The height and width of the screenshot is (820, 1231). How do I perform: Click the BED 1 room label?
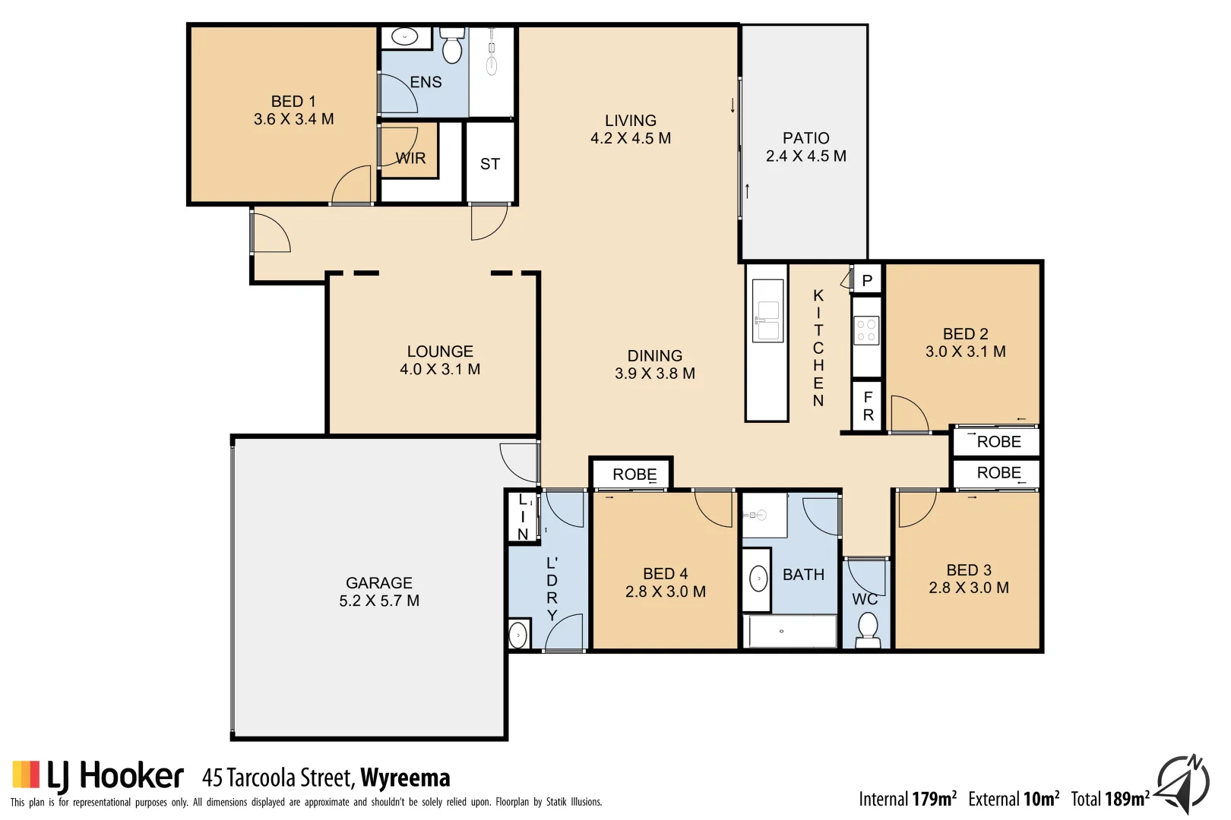(293, 102)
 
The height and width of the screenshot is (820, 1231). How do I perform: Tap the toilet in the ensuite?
(452, 48)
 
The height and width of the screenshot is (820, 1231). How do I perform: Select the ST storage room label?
(490, 164)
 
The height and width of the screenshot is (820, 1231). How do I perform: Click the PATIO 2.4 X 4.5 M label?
(805, 147)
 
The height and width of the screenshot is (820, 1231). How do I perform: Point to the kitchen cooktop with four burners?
(866, 331)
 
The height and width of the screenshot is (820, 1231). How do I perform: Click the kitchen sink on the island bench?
(767, 321)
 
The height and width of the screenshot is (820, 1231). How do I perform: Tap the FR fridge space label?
(868, 406)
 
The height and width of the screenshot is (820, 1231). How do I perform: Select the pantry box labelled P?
(867, 281)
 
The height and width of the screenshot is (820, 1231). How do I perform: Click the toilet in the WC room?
(867, 627)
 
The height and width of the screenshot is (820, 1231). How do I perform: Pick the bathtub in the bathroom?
(790, 632)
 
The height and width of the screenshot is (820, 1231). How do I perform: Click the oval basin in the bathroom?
(758, 579)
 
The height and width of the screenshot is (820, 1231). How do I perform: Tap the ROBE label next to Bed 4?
(634, 475)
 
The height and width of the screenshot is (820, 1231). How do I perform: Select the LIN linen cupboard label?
(523, 517)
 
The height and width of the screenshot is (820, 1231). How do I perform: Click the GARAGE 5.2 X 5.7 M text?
(379, 592)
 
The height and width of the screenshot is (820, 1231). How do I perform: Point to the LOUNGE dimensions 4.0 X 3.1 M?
(440, 370)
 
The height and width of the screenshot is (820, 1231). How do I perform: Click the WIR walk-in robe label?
(411, 159)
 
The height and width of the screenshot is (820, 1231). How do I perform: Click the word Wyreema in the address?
(405, 778)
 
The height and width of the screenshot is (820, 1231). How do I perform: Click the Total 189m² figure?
(1109, 799)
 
